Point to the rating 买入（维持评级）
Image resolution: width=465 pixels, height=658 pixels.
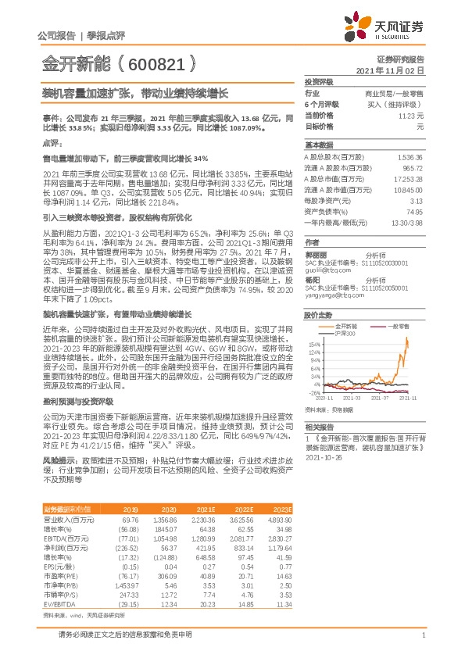399,103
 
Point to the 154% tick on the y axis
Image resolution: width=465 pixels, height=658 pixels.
313,344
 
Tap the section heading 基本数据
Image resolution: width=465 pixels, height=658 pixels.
318,145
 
